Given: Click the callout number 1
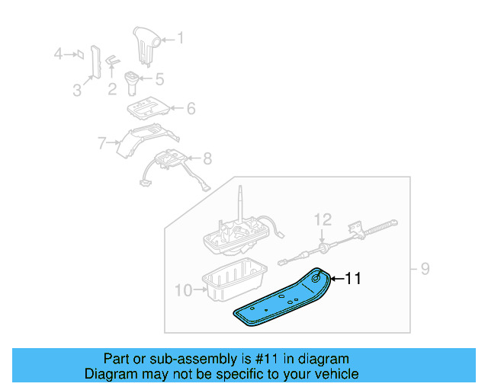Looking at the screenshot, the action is tap(181, 38).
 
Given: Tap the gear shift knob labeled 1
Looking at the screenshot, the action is tap(146, 46).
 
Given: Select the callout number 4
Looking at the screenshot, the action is tap(58, 54).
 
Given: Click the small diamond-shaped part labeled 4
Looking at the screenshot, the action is tap(80, 54).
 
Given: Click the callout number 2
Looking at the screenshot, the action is tap(112, 89).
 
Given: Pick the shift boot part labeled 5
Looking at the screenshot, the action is tap(131, 83).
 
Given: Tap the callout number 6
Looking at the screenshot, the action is tap(191, 109).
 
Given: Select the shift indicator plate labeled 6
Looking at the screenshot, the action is tap(148, 109).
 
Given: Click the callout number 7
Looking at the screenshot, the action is tap(101, 143).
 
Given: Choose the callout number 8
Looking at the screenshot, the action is tap(207, 158).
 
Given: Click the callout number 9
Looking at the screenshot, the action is tap(425, 269).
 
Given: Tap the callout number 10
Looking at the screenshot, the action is tap(184, 290).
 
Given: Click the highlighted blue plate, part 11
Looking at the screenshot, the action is tap(281, 299).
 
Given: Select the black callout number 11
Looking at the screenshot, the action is tap(354, 278).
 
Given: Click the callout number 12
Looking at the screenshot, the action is tap(323, 220).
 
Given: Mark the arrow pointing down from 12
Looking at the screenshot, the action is tap(322, 235).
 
